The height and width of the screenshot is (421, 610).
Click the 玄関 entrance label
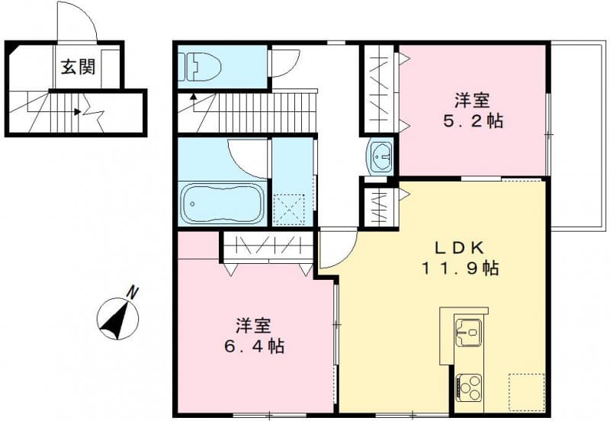[79, 67]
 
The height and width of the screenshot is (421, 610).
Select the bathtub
[223, 203]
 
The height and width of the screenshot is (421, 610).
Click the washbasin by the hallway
[380, 156]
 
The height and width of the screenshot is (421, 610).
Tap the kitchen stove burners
[468, 386]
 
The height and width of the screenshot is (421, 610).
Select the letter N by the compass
[133, 291]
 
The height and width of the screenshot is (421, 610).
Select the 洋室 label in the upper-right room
[473, 100]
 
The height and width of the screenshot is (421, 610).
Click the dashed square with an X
[290, 208]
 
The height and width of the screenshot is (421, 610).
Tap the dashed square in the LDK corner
[526, 392]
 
